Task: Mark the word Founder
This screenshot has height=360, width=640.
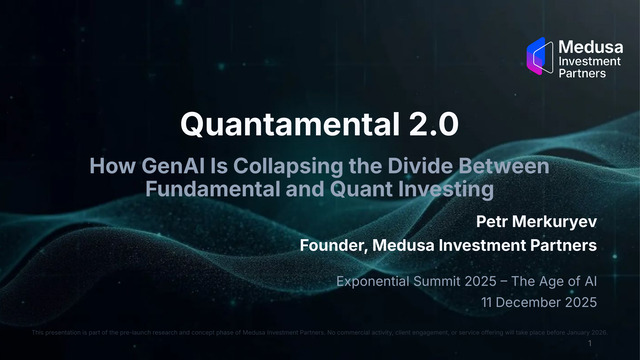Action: [333, 245]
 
